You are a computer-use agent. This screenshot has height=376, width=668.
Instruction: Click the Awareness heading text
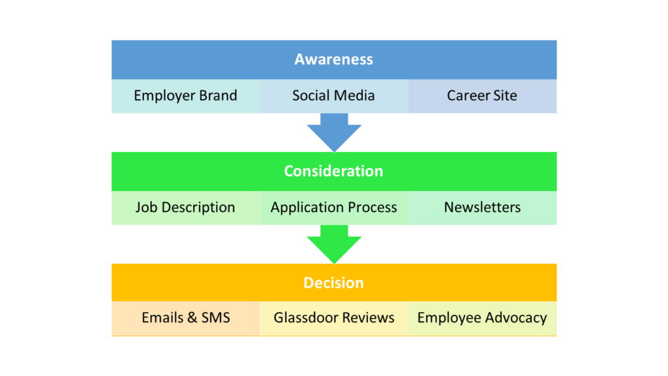point(333,59)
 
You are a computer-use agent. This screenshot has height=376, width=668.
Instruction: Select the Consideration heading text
point(333,171)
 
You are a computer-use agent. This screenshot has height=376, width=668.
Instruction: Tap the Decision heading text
point(333,283)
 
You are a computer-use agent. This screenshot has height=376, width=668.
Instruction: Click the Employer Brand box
point(186,96)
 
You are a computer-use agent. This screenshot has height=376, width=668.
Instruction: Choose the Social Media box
point(334,96)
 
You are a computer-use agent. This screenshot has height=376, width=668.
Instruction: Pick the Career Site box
point(482,96)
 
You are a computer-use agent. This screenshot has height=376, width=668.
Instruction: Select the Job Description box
point(186,208)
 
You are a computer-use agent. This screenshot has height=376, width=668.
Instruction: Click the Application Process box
point(334,208)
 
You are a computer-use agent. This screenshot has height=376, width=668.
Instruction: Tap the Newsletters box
point(482,208)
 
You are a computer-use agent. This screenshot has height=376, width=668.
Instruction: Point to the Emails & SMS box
point(186,319)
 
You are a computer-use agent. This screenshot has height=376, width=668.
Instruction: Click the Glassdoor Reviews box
point(334,319)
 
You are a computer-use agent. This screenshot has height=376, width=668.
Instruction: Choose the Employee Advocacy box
point(482,319)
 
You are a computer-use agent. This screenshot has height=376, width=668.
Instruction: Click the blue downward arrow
point(334,132)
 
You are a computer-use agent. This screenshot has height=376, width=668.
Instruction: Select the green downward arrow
point(334,244)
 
